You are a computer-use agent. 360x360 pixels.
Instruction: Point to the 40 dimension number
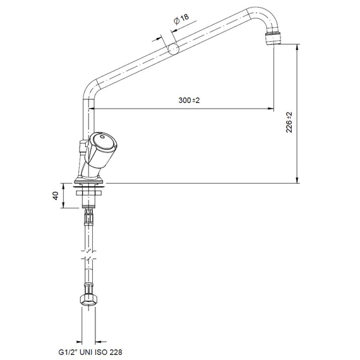[x=56, y=196]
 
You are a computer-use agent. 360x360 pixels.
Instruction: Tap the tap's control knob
[x=102, y=144]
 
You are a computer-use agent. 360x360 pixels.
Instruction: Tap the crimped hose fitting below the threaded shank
[x=88, y=219]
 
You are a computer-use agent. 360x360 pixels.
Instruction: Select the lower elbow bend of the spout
[x=90, y=88]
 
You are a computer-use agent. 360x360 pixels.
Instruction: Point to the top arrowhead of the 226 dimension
[x=297, y=50]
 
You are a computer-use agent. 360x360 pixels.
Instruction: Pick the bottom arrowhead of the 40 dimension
[x=63, y=205]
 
